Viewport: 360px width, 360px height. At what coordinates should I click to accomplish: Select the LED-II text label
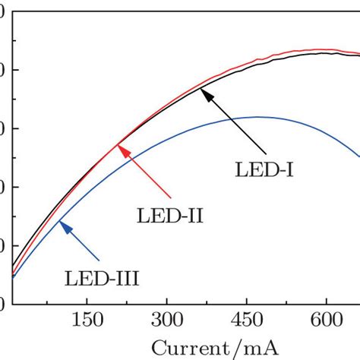[x=169, y=216]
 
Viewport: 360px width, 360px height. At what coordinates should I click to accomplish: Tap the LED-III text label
[x=101, y=281]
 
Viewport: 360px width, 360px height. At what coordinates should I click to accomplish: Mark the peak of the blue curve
[x=258, y=117]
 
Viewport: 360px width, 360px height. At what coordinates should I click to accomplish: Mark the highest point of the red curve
[x=323, y=49]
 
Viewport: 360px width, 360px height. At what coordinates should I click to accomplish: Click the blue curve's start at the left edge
[x=13, y=278]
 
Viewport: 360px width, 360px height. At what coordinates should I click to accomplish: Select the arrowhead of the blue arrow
[x=63, y=224]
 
